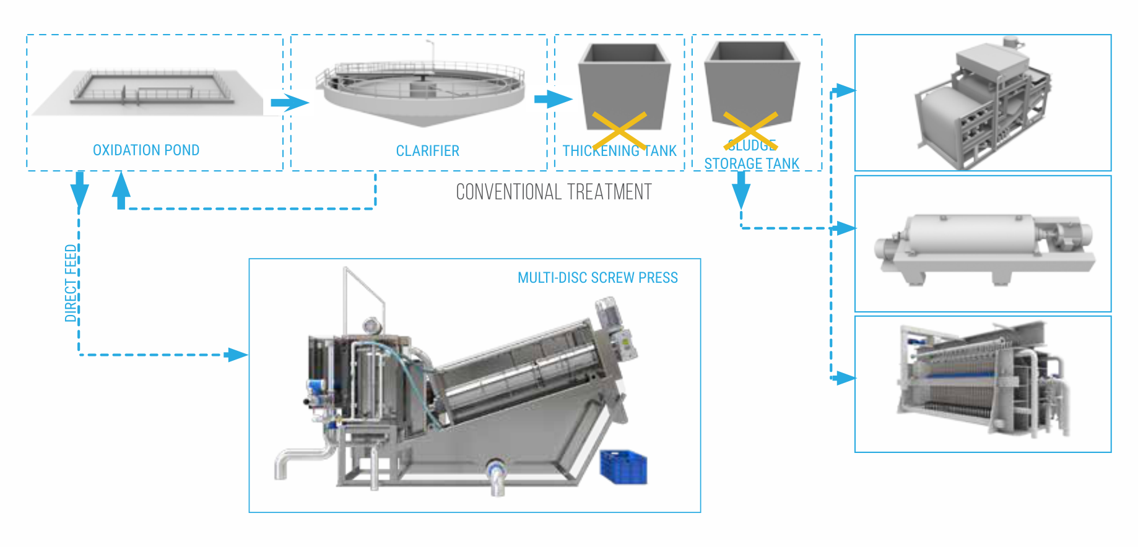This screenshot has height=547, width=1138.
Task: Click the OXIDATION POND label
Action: point(146,150)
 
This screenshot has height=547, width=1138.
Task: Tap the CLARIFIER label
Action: point(427,151)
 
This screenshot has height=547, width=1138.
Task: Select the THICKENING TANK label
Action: point(619,151)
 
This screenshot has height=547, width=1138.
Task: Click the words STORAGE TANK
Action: point(752,164)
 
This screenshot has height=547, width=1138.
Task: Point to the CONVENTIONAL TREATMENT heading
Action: point(554,192)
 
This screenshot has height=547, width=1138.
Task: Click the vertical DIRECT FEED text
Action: point(71,283)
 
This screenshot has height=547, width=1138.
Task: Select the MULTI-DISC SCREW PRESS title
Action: point(597,278)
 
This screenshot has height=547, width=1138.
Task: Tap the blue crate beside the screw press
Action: point(623,467)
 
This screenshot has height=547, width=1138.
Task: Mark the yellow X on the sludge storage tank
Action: point(750,131)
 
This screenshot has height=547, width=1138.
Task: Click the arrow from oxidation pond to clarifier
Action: point(289,102)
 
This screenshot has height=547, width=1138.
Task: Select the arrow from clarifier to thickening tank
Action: point(553,99)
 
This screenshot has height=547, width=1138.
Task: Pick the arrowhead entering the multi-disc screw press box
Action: point(238,355)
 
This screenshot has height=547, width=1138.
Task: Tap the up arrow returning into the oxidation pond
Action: point(121,189)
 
